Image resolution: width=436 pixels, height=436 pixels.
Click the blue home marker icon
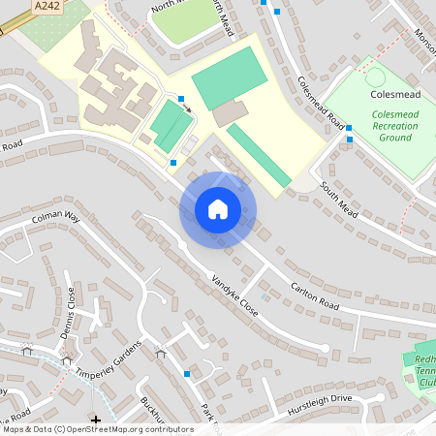click(217, 209)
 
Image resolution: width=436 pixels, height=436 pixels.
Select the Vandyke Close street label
click(235, 296)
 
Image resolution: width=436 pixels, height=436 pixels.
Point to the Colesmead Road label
click(322, 104)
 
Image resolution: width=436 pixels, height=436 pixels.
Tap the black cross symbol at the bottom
click(95, 420)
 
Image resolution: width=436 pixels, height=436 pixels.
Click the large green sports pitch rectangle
click(228, 78)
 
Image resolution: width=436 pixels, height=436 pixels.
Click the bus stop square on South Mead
click(349, 140)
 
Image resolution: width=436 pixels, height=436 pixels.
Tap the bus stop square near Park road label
click(187, 373)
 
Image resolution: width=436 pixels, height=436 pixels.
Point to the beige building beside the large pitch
click(230, 113)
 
